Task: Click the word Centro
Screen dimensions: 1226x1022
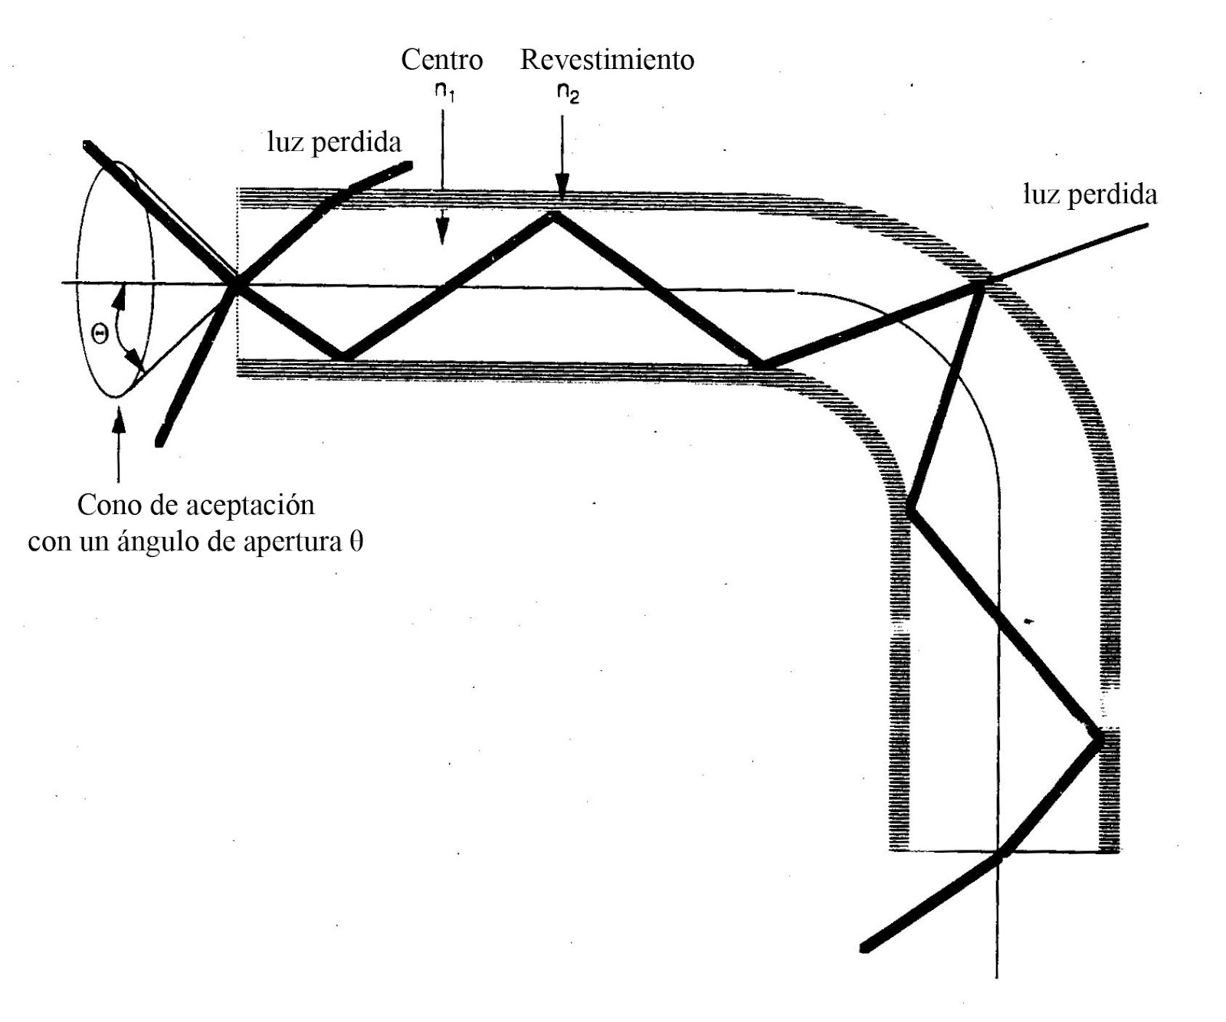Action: click(x=441, y=60)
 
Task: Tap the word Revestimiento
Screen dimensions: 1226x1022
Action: click(x=607, y=60)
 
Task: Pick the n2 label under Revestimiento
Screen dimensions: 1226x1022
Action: click(x=568, y=93)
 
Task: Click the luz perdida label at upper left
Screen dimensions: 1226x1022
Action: click(x=334, y=142)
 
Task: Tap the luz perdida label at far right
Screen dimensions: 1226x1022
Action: click(x=1090, y=195)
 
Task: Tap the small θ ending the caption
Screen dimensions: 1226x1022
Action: click(x=356, y=542)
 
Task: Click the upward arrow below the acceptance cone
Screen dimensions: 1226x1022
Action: click(x=117, y=444)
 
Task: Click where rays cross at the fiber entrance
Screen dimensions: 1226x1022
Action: click(x=237, y=284)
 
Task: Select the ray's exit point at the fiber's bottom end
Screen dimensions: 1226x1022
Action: click(x=999, y=853)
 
